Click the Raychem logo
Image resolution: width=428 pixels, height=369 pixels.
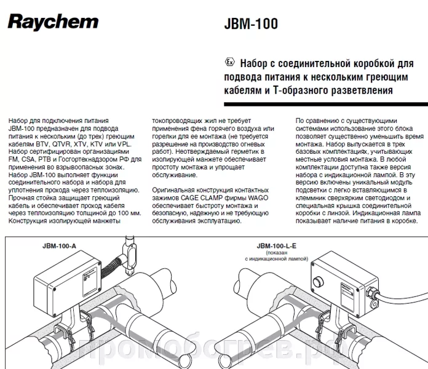tap(53, 22)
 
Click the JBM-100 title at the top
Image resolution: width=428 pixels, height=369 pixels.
tap(251, 24)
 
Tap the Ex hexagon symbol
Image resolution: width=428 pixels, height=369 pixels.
tap(229, 62)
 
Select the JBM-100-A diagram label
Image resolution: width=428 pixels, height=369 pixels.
tap(59, 246)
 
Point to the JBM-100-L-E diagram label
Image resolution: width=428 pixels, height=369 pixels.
tap(277, 246)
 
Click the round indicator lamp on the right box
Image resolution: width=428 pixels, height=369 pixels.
tap(318, 282)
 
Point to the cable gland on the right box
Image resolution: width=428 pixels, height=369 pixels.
tap(372, 292)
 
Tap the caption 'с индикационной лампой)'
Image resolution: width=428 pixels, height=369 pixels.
tap(277, 259)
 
